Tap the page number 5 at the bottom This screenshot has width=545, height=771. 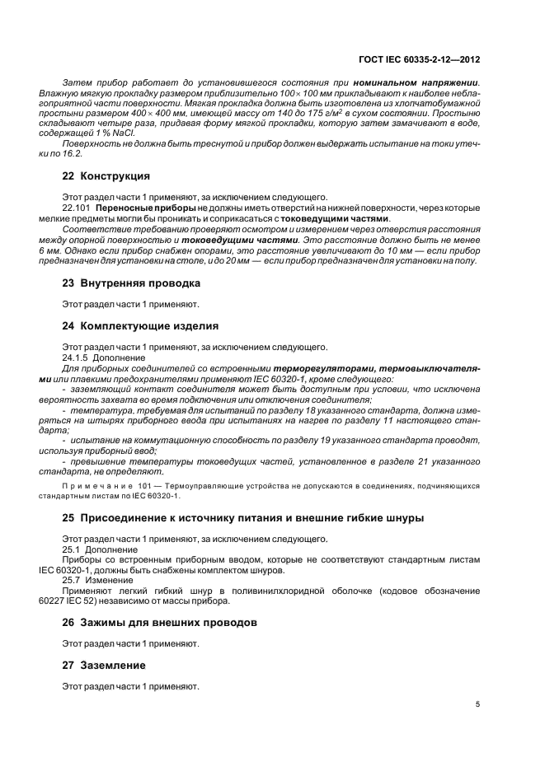pos(477,704)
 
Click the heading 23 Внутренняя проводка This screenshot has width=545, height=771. pos(132,283)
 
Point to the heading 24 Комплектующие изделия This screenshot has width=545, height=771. pos(141,325)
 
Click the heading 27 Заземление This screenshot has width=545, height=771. pos(104,665)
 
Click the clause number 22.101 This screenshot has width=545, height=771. pos(77,208)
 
